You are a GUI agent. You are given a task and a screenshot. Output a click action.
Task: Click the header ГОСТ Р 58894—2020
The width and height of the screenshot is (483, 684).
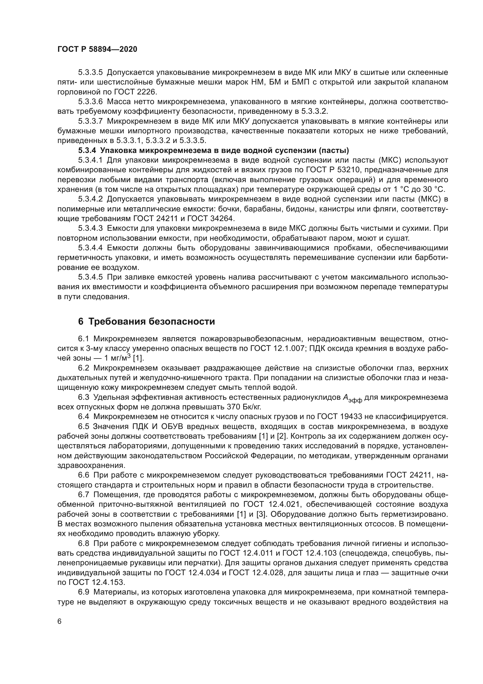click(x=97, y=49)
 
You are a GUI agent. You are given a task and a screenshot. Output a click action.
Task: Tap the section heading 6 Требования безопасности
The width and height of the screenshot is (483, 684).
click(x=146, y=322)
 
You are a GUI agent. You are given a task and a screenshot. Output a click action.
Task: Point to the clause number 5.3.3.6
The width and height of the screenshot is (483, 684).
click(x=91, y=101)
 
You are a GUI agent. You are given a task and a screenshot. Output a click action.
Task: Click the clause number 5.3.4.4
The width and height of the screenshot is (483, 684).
click(x=91, y=248)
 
